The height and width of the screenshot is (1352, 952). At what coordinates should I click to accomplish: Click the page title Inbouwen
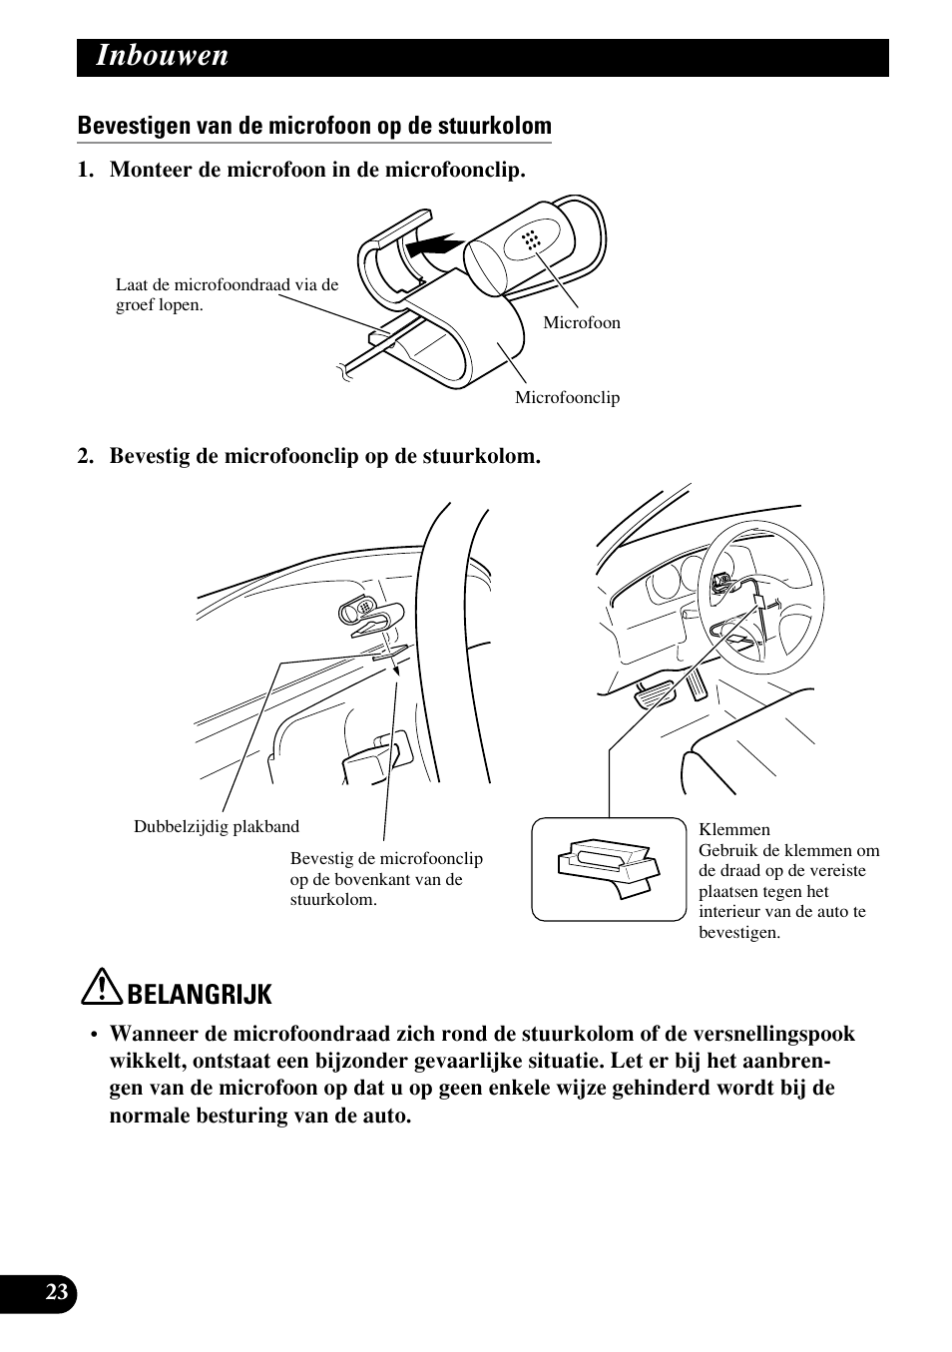pyautogui.click(x=163, y=57)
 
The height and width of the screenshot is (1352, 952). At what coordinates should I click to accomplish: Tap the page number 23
pyautogui.click(x=57, y=1293)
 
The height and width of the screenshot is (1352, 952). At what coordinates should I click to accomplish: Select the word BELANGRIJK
pyautogui.click(x=200, y=994)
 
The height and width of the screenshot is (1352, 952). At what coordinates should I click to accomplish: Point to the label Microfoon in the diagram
pyautogui.click(x=581, y=322)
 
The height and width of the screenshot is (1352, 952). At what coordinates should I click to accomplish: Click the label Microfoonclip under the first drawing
pyautogui.click(x=567, y=397)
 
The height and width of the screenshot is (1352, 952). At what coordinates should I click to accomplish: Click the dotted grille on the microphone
pyautogui.click(x=530, y=239)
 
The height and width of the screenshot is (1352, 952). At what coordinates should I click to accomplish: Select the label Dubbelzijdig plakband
pyautogui.click(x=217, y=826)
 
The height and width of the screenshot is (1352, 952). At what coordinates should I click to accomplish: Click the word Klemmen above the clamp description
pyautogui.click(x=734, y=829)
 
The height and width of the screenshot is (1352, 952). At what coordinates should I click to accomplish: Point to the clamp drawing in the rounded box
pyautogui.click(x=608, y=867)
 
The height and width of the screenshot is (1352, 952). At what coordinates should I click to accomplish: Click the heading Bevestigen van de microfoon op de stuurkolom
pyautogui.click(x=314, y=126)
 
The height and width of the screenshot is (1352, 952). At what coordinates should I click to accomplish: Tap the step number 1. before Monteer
pyautogui.click(x=88, y=170)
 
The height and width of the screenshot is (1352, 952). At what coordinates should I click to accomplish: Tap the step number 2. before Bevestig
pyautogui.click(x=88, y=456)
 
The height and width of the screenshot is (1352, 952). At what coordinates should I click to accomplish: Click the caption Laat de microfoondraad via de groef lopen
pyautogui.click(x=227, y=294)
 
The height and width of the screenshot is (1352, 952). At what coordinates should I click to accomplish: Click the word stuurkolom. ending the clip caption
pyautogui.click(x=333, y=899)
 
